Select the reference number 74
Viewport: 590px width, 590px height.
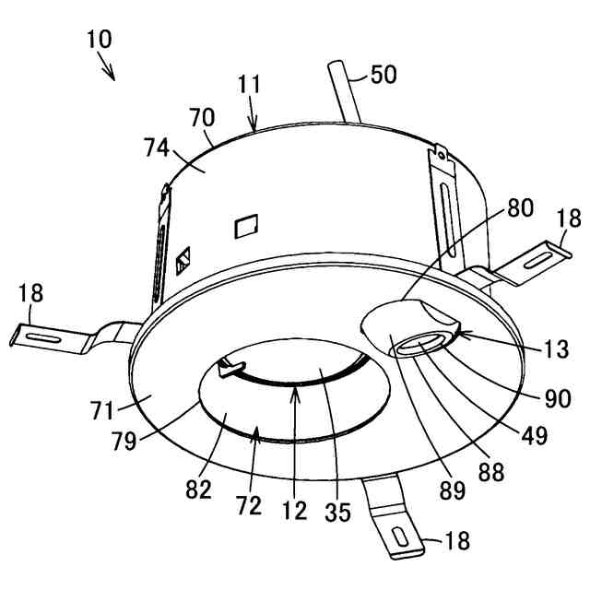coord(159,148)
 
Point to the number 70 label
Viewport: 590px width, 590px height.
coord(201,118)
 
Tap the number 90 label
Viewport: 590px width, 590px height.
coord(558,398)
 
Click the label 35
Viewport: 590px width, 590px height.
coord(338,511)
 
